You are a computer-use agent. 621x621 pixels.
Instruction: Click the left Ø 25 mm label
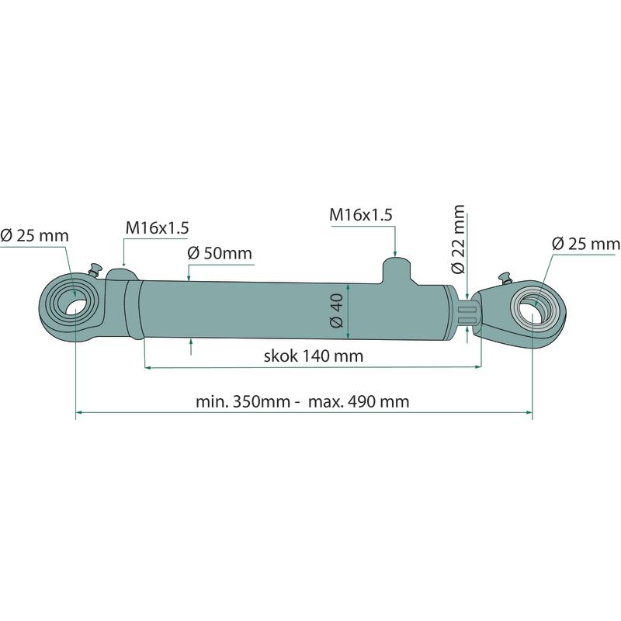click(x=34, y=236)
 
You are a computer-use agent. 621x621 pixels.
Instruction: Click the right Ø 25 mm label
click(x=586, y=244)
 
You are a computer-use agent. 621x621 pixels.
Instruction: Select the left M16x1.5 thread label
click(x=158, y=228)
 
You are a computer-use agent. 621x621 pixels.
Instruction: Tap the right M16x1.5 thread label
click(x=361, y=215)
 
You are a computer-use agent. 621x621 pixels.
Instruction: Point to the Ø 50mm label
click(x=220, y=253)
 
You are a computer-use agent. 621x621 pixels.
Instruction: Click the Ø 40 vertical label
click(x=336, y=311)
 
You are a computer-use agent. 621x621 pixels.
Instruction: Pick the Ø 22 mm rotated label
click(x=458, y=239)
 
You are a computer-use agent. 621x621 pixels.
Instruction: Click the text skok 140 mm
click(x=314, y=356)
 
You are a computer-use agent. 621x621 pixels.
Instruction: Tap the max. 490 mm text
click(x=359, y=401)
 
